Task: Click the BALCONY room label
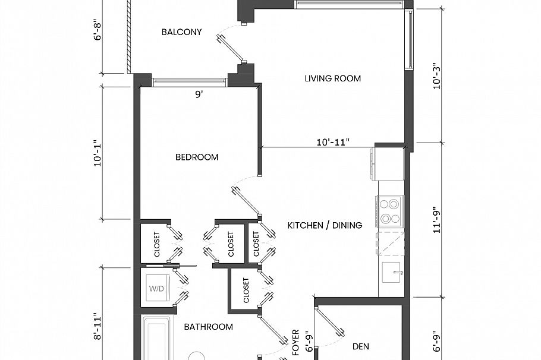tap(181, 32)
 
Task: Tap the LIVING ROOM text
tap(332, 78)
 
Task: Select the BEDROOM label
tap(197, 157)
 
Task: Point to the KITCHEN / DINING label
tap(325, 225)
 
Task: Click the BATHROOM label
tap(208, 327)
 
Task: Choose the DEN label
tap(361, 345)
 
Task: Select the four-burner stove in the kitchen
tap(390, 211)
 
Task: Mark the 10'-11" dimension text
tap(333, 142)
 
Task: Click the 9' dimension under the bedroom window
tap(199, 93)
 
